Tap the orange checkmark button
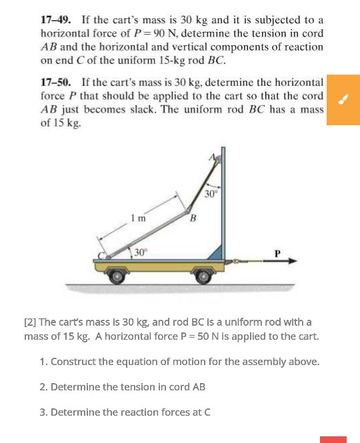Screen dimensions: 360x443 [x=343, y=100]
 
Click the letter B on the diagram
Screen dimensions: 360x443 [x=193, y=219]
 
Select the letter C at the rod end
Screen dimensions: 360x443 [x=103, y=254]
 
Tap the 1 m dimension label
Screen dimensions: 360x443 [x=137, y=218]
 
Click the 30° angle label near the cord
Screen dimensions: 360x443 [x=211, y=194]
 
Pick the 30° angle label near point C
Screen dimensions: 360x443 [x=140, y=252]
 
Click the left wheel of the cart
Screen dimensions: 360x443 [x=117, y=275]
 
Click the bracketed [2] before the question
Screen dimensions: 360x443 [x=30, y=322]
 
